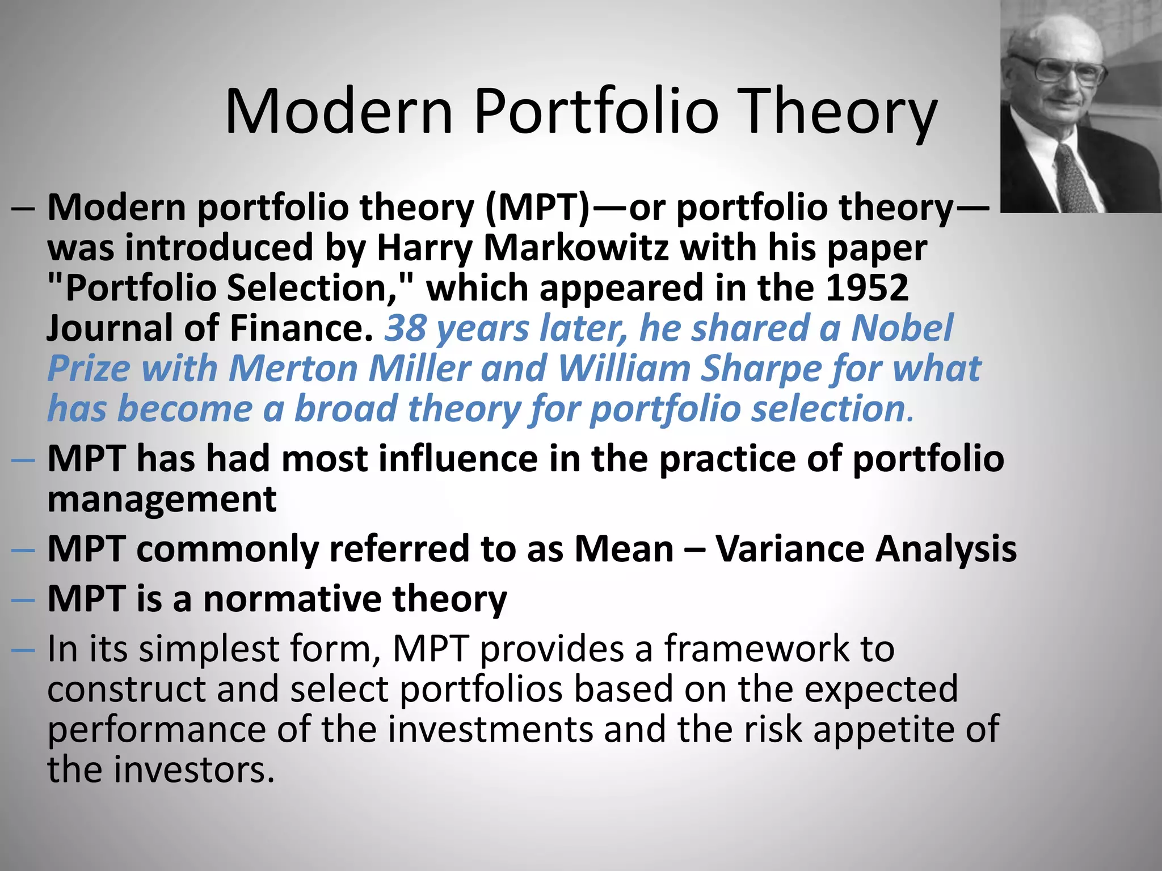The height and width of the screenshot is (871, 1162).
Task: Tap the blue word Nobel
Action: [x=902, y=328]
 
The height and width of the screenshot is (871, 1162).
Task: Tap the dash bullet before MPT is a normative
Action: [x=23, y=599]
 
